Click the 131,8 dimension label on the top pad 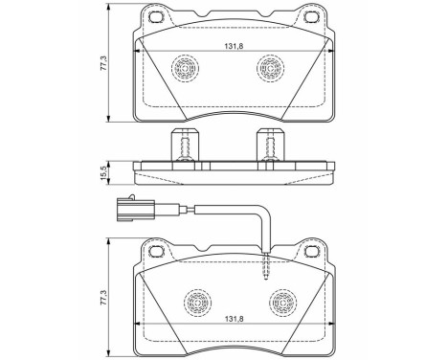(224, 44)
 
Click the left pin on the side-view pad (182, 146)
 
